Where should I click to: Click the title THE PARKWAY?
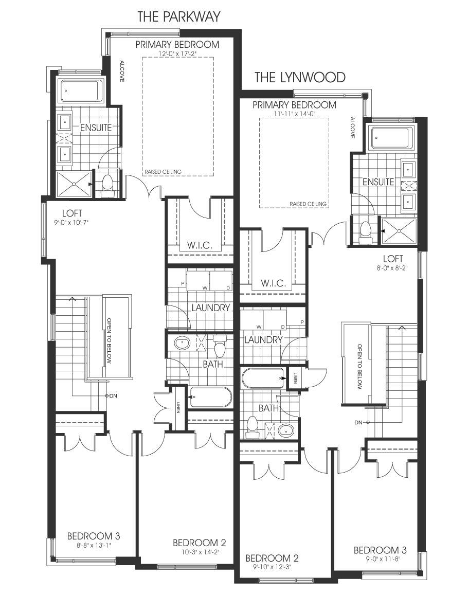[x=178, y=17]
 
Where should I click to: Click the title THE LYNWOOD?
[x=300, y=78]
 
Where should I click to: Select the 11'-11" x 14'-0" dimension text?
[x=294, y=113]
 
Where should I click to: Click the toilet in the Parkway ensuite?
[x=107, y=186]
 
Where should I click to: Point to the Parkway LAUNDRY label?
[x=211, y=308]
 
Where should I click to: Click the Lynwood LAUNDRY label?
[x=263, y=340]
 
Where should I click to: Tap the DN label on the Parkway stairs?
[x=113, y=395]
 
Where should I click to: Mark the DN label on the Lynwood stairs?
[x=358, y=422]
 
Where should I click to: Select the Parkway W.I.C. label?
[x=200, y=245]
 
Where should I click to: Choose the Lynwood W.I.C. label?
[x=273, y=283]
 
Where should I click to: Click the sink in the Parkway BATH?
[x=182, y=344]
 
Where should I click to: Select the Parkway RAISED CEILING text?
[x=163, y=172]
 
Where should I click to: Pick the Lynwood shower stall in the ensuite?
[x=399, y=231]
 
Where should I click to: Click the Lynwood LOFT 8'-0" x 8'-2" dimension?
[x=393, y=268]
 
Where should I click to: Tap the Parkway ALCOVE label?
[x=121, y=71]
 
